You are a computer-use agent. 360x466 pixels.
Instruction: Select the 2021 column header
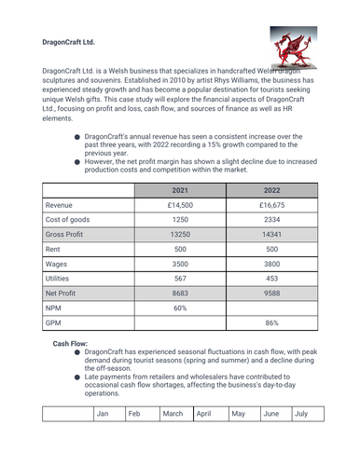point(180,190)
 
